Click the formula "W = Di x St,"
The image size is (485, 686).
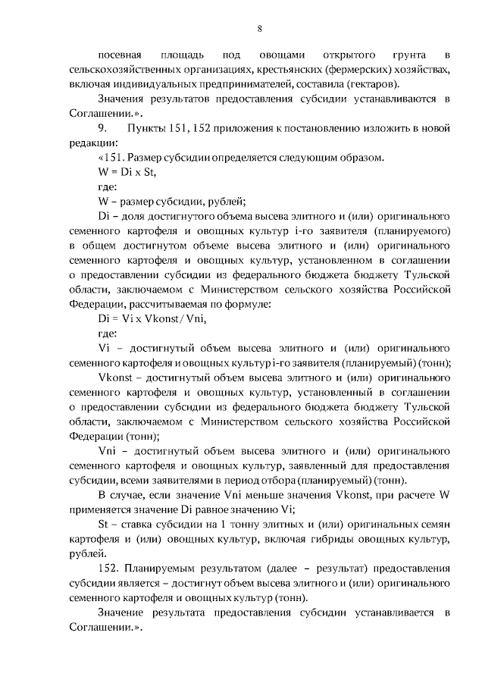point(127,172)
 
